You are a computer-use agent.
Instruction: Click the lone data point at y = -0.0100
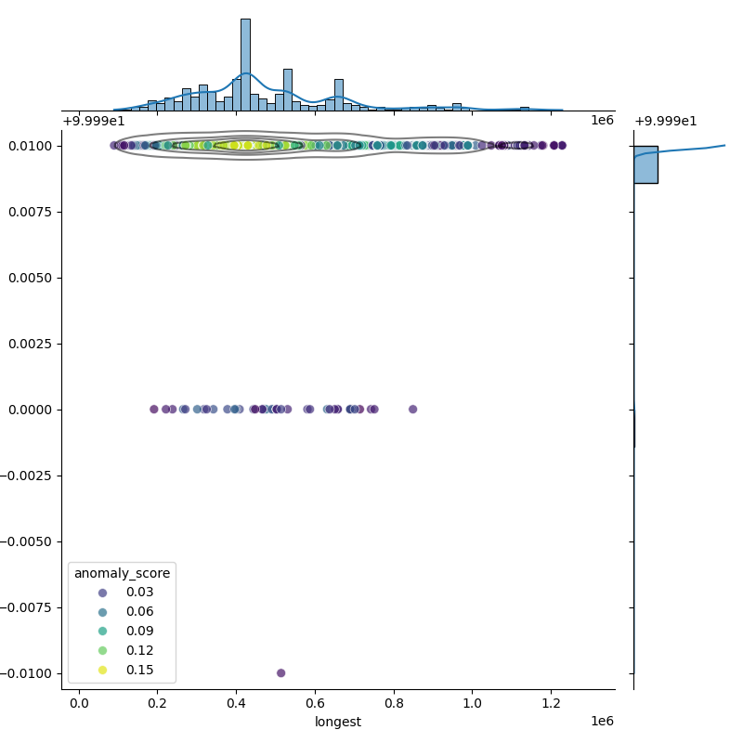coord(280,672)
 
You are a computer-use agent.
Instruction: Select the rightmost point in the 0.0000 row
coord(412,409)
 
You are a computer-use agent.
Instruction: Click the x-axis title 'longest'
coord(338,722)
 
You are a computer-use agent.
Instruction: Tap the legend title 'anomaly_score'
coord(122,573)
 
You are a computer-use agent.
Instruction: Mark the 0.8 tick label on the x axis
coord(394,701)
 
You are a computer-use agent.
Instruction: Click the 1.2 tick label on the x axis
coord(551,701)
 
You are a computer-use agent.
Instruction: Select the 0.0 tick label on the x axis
coord(79,701)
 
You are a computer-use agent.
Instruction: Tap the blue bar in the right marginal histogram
coord(645,164)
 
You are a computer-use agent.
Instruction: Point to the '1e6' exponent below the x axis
coord(602,722)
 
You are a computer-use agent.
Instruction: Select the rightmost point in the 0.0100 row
coord(562,145)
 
